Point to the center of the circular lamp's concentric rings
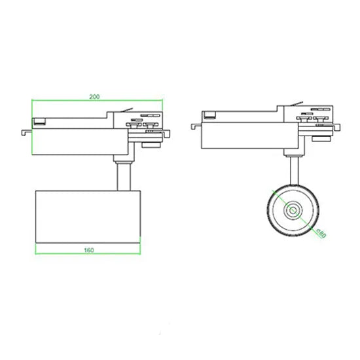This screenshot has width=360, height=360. [x=292, y=210]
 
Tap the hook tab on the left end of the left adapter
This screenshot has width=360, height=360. [x=26, y=132]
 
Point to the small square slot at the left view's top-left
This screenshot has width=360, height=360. [x=40, y=121]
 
